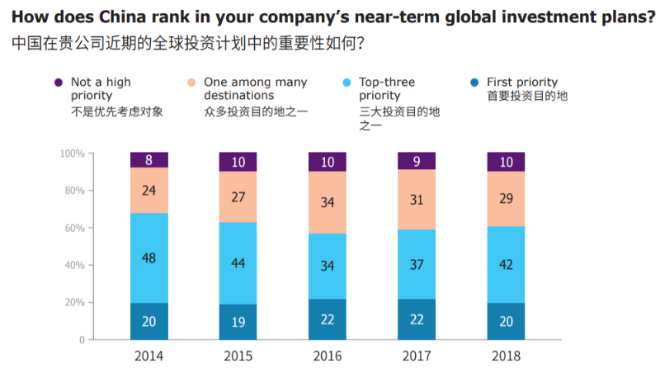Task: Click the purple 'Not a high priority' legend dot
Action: click(x=59, y=83)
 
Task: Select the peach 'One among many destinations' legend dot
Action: click(x=191, y=83)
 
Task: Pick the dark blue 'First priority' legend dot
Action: click(x=475, y=83)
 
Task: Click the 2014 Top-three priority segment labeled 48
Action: click(x=148, y=258)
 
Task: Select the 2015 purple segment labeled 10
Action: click(x=238, y=162)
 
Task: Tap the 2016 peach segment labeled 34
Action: click(x=328, y=202)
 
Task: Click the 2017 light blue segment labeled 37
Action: click(x=417, y=264)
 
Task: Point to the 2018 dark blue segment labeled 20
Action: click(x=506, y=321)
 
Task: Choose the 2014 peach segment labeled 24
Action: click(x=148, y=190)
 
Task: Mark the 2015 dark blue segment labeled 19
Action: click(x=238, y=322)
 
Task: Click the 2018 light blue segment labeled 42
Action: click(x=506, y=265)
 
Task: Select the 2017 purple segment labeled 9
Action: click(x=417, y=161)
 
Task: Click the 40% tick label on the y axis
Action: click(x=75, y=265)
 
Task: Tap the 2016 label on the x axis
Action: click(x=328, y=356)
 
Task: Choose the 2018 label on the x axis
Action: click(x=506, y=356)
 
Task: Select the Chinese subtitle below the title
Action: click(x=189, y=43)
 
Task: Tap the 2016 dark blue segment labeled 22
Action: click(x=328, y=319)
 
